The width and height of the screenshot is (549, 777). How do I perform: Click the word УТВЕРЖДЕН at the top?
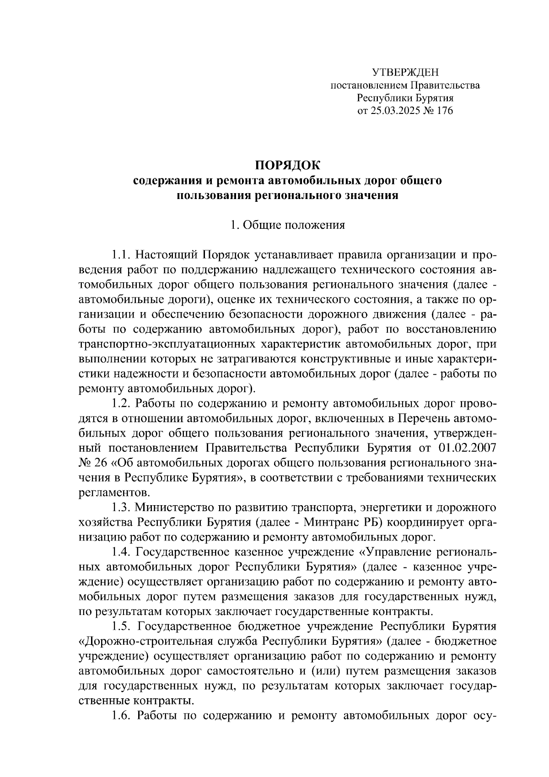point(405,72)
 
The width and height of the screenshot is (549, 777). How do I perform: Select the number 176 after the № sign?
point(444,110)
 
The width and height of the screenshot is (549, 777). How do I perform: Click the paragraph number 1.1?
point(122,254)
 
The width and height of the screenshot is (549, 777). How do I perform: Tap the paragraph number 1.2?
point(122,404)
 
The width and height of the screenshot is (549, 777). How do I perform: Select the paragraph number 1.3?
point(122,508)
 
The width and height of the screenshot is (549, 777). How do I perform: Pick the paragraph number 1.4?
point(122,552)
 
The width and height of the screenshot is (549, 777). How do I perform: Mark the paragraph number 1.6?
point(122,716)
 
